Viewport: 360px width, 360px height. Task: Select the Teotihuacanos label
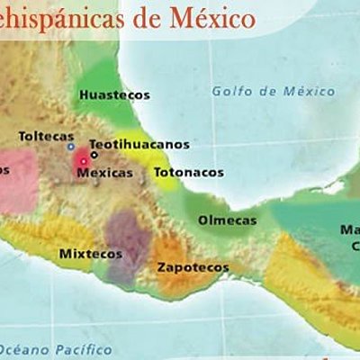coord(139,143)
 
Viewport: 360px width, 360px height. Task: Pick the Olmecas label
coord(227,220)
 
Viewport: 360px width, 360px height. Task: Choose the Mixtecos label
coord(90,254)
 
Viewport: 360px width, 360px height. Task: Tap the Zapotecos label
coord(193,267)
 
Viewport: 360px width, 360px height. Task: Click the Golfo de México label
coord(273,91)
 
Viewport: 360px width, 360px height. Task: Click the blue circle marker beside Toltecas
coord(71,145)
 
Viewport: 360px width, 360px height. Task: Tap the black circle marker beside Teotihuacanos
coord(94,154)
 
